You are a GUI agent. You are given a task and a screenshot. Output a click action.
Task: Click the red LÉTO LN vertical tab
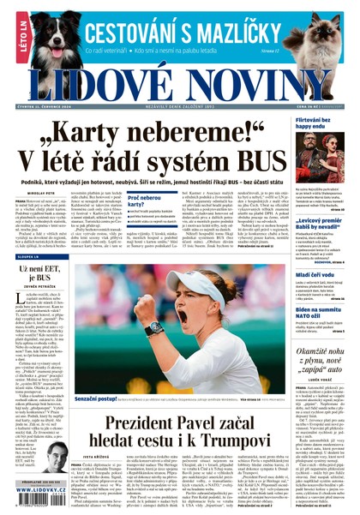[9, 42]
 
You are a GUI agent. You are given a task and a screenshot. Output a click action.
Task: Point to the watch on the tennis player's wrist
[155, 326]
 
